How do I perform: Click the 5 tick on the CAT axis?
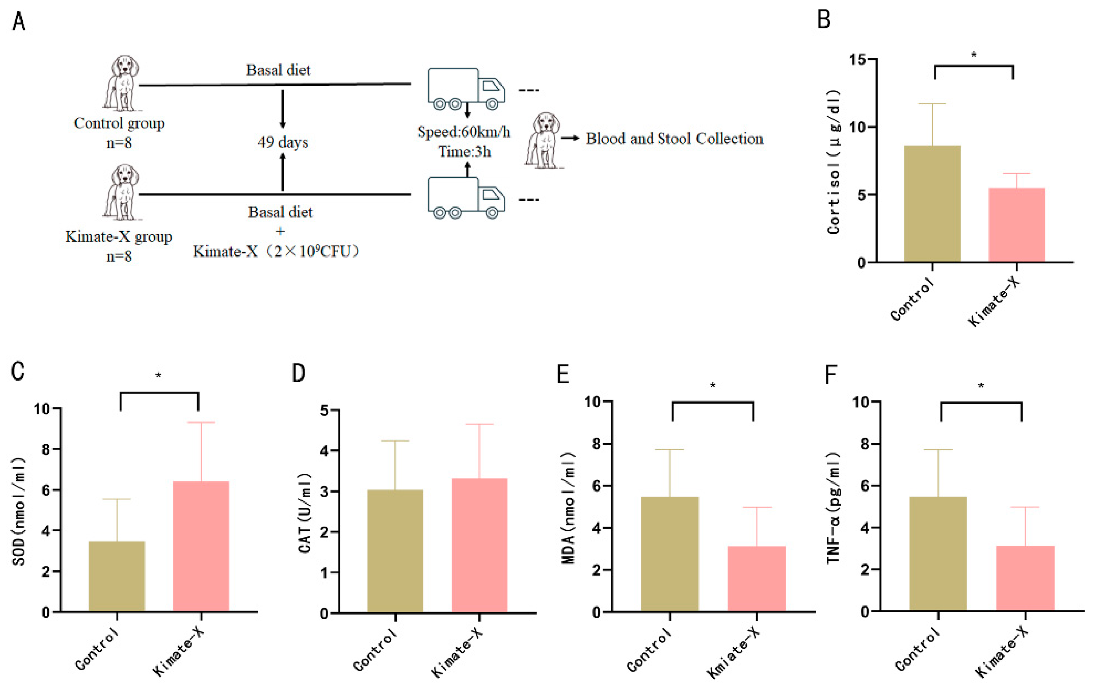324,410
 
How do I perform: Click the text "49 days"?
283,142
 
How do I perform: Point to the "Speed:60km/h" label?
463,132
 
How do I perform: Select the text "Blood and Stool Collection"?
674,139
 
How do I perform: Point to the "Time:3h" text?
464,151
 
